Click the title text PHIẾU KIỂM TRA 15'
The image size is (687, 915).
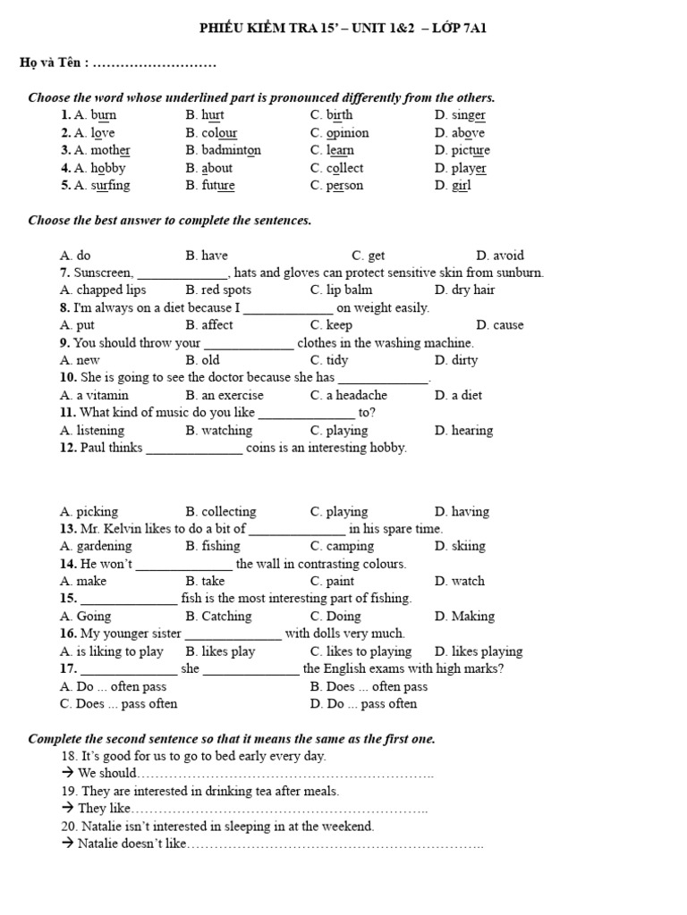pos(262,29)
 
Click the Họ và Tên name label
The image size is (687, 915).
pos(55,63)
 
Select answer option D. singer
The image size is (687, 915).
pos(461,115)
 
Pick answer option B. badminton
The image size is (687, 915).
pos(224,150)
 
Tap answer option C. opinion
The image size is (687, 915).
pos(339,133)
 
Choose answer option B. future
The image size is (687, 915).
pos(210,186)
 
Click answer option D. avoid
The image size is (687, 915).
pos(500,256)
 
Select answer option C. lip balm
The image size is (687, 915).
pos(342,290)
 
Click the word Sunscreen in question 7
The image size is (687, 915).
pos(104,273)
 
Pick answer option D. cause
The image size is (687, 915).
pos(500,325)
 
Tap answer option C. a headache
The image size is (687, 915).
pos(349,395)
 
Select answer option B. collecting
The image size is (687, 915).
pos(221,512)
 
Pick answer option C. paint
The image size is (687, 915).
pos(333,581)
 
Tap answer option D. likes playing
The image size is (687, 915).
pos(479,651)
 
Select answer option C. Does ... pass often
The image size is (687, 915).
pos(119,704)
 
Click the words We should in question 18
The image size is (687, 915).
pos(106,774)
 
